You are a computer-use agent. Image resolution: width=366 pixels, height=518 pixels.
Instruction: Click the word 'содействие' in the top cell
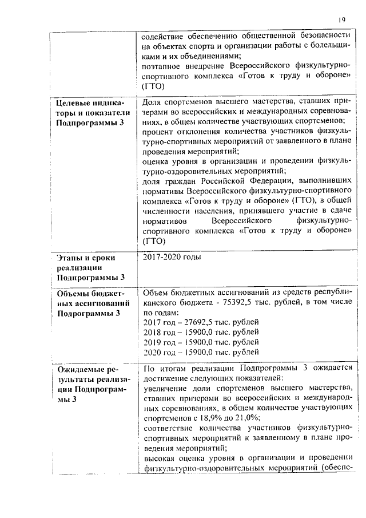coord(160,35)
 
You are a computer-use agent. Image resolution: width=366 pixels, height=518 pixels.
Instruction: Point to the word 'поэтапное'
coord(160,67)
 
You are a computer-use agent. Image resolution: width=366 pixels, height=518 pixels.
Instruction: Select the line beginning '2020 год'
coord(200,352)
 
